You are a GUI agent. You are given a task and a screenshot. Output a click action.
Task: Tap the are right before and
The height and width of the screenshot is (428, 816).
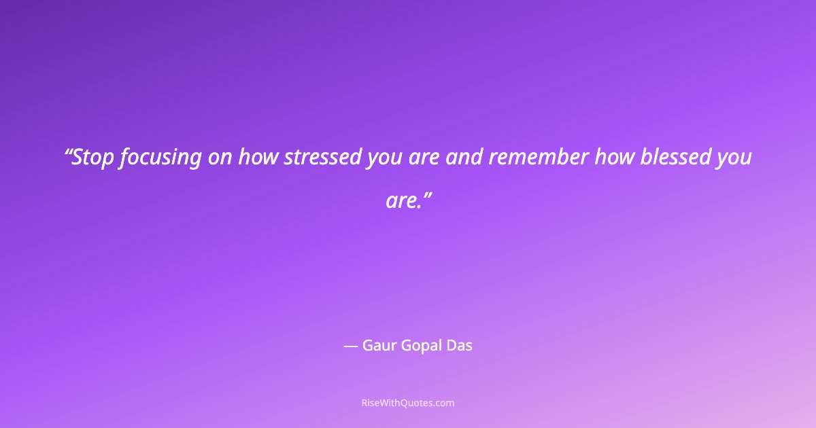pyautogui.click(x=424, y=158)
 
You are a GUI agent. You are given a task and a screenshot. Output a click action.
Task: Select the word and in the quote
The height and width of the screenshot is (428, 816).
pyautogui.click(x=465, y=158)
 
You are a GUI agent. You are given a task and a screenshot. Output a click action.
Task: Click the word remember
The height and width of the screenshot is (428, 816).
pyautogui.click(x=538, y=158)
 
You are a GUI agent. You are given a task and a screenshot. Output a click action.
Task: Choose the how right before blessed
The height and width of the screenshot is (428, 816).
pyautogui.click(x=614, y=158)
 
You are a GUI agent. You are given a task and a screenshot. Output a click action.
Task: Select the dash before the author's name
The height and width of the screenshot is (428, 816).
pyautogui.click(x=350, y=346)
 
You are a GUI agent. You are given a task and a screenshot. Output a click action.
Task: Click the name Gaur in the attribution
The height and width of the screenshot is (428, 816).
pyautogui.click(x=378, y=346)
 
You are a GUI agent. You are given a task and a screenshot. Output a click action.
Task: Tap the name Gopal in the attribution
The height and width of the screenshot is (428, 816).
pyautogui.click(x=420, y=346)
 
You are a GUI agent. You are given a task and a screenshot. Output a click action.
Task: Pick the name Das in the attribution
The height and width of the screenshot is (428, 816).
pyautogui.click(x=459, y=346)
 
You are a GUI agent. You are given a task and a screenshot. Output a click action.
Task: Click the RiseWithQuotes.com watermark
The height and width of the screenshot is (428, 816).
pyautogui.click(x=408, y=403)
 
